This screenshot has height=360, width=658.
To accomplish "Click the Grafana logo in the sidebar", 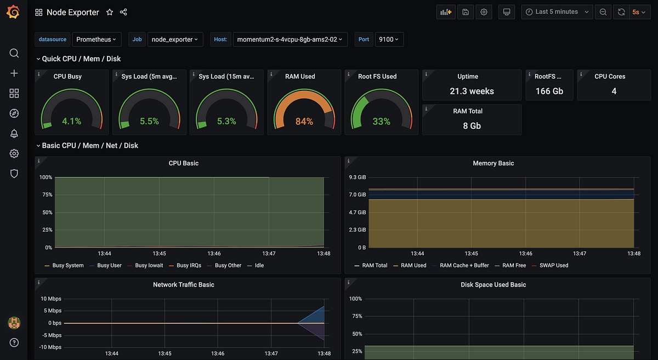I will pos(14,12).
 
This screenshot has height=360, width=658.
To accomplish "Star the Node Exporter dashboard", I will pos(110,12).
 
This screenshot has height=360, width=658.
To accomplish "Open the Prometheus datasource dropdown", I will pos(97,39).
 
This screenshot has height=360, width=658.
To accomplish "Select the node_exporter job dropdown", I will pos(175,39).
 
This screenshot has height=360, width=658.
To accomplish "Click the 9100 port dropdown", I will pos(389,39).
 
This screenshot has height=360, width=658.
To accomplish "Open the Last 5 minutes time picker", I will pos(557,12).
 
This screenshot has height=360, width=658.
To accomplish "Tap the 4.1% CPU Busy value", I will pos(71,122).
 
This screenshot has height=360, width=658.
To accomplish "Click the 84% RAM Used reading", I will pos(304,122).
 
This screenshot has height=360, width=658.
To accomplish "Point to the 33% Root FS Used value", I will pos(381,122).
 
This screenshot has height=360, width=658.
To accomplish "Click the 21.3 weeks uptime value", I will pos(472,92).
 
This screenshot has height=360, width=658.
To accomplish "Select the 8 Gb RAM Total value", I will pos(472,126).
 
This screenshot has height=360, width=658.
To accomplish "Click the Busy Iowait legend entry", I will pos(149,266).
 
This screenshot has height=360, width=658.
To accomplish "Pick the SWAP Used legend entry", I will pos(554,266).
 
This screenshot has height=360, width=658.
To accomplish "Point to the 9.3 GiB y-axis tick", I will pos(357,178).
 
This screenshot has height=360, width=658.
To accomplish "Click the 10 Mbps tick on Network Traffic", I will pos(51,299).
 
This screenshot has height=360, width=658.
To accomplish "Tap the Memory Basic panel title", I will pos(493,163).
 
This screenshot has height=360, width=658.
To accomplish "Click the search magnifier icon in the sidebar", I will pos(14,53).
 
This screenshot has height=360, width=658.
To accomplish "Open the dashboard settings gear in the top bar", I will pos(484,12).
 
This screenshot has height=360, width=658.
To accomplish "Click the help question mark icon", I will pos(14,343).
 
